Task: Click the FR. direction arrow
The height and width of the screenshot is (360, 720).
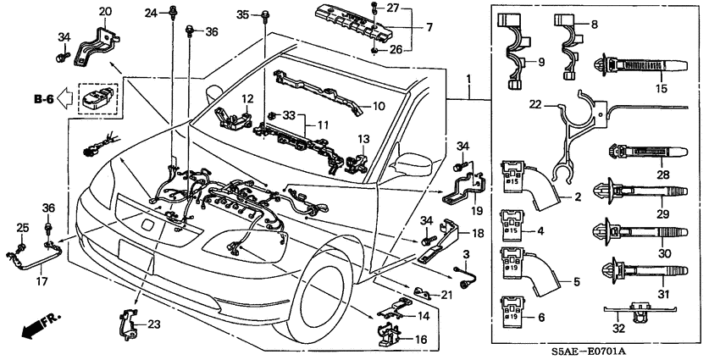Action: [35, 327]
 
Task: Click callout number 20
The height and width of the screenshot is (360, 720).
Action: [105, 11]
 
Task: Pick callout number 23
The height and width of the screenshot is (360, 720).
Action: [153, 323]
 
